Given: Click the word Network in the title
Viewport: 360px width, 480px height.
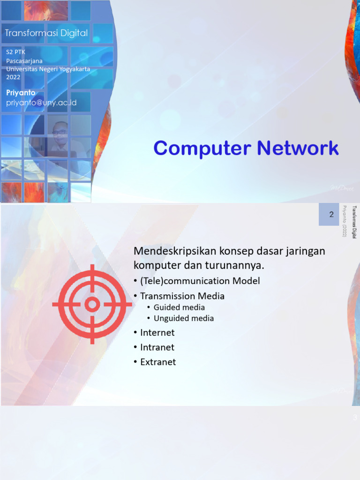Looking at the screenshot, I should [x=297, y=149].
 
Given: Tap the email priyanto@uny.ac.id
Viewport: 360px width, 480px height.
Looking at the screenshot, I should [x=41, y=103].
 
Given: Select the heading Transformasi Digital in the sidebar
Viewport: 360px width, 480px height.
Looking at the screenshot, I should [x=46, y=33].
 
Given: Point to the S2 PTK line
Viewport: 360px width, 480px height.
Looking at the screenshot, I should [x=16, y=53].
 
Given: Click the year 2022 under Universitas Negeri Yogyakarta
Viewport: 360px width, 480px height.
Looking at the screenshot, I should [x=13, y=77].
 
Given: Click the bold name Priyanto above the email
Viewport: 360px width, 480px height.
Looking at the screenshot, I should [x=21, y=93].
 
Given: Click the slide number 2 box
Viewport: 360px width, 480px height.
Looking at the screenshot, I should [x=331, y=215].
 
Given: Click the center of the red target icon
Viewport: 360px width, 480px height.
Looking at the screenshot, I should [x=92, y=304].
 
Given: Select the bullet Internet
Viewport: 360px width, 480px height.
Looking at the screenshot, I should [x=157, y=333].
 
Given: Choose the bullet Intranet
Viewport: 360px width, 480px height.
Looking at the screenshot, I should [x=157, y=347].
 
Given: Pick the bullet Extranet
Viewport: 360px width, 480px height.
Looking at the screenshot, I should [x=158, y=362].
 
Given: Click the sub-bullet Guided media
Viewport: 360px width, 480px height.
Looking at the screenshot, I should [x=179, y=307].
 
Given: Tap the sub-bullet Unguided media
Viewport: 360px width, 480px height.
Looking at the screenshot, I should [x=184, y=318].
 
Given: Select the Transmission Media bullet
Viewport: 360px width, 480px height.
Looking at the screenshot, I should [x=182, y=296].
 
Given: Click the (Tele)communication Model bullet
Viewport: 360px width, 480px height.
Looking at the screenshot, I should [x=200, y=281].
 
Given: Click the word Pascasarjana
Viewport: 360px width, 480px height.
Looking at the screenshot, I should [x=24, y=61].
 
